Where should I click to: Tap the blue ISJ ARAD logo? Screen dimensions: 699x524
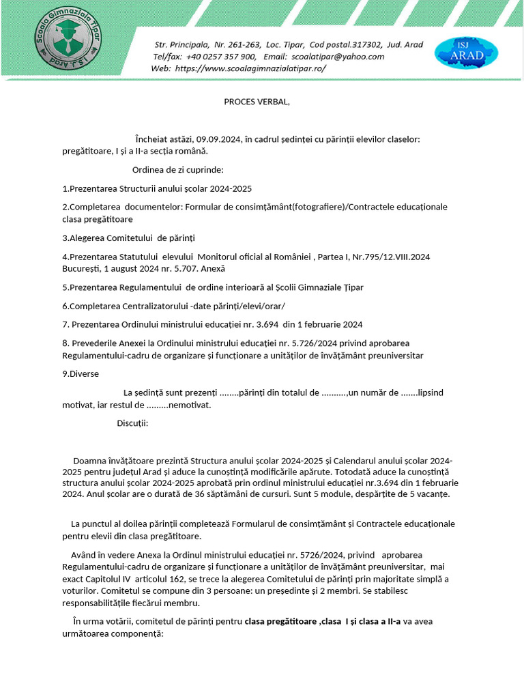(466, 53)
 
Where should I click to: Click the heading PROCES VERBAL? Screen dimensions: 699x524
(257, 102)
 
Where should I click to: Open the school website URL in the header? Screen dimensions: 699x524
(250, 68)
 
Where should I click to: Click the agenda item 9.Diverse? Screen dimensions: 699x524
(81, 373)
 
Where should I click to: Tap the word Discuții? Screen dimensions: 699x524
(132, 423)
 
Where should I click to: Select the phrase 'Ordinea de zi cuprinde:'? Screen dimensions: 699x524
(177, 170)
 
